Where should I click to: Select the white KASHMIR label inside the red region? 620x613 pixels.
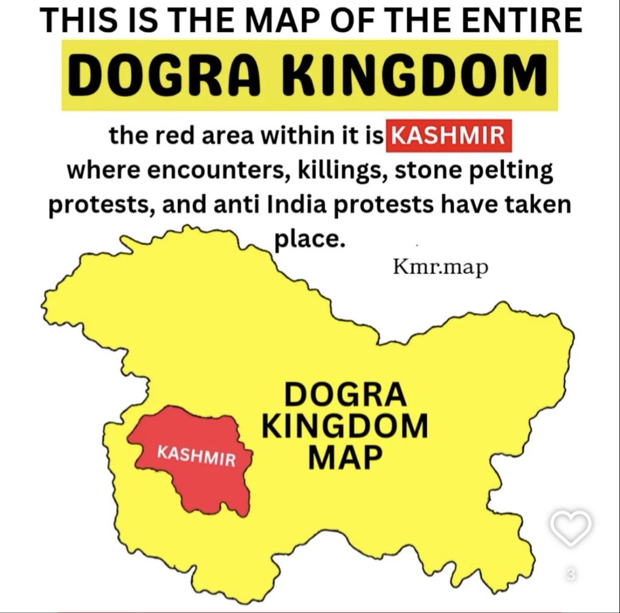coord(196,456)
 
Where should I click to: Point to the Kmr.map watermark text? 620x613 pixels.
coord(440,267)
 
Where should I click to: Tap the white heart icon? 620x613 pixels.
coord(571,527)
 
